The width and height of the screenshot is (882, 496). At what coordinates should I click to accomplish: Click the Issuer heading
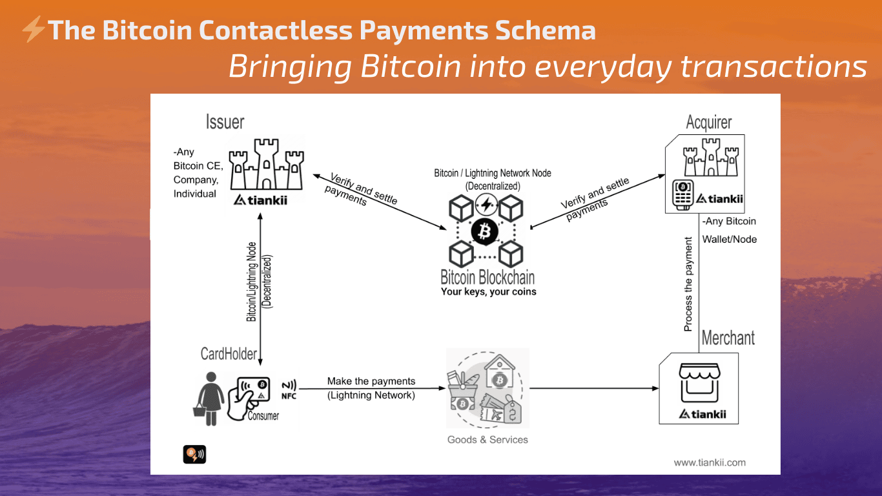[x=225, y=121]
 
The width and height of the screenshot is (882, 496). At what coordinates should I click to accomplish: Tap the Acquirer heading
[x=709, y=123]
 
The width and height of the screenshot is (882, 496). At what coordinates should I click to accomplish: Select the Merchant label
[x=728, y=338]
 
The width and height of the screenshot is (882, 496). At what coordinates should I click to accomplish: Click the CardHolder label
[x=229, y=353]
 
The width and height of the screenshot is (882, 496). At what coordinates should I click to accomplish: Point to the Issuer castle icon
[x=267, y=165]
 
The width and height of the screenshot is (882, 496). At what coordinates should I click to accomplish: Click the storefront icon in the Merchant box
[x=699, y=382]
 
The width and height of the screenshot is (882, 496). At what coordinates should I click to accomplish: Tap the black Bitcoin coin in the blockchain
[x=484, y=231]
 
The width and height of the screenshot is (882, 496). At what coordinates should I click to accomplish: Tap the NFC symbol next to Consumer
[x=289, y=386]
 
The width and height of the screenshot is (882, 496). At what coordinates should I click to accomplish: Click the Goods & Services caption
[x=487, y=440]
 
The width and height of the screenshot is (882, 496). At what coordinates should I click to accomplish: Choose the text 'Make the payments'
[x=371, y=381]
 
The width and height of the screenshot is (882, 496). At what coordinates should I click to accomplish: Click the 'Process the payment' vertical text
[x=688, y=284]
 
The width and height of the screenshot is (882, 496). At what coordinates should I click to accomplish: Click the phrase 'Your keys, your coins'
[x=488, y=292]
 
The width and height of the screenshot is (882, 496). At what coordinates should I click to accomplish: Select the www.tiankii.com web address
[x=710, y=462]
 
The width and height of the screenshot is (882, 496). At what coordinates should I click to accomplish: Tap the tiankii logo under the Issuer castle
[x=260, y=200]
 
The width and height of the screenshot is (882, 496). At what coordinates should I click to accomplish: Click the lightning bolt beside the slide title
[x=33, y=30]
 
